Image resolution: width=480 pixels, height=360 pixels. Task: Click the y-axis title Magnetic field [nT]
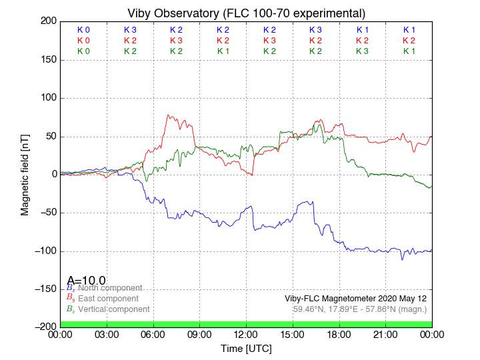pyautogui.click(x=25, y=173)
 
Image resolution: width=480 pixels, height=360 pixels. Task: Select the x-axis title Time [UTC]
pyautogui.click(x=246, y=348)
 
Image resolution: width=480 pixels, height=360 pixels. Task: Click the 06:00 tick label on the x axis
pyautogui.click(x=153, y=335)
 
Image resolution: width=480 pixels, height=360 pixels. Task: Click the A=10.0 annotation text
pyautogui.click(x=86, y=281)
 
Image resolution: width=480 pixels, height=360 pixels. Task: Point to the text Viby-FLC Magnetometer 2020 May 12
pyautogui.click(x=355, y=298)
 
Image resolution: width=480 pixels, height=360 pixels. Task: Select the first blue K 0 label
pyautogui.click(x=83, y=30)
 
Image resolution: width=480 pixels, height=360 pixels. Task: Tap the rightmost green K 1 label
pyautogui.click(x=409, y=51)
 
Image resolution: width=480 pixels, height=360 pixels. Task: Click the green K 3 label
pyautogui.click(x=362, y=51)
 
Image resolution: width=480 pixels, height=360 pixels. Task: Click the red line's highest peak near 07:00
pyautogui.click(x=169, y=115)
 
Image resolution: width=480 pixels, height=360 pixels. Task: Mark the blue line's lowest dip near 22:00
pyautogui.click(x=402, y=259)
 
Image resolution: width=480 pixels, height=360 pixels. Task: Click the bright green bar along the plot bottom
pyautogui.click(x=246, y=324)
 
